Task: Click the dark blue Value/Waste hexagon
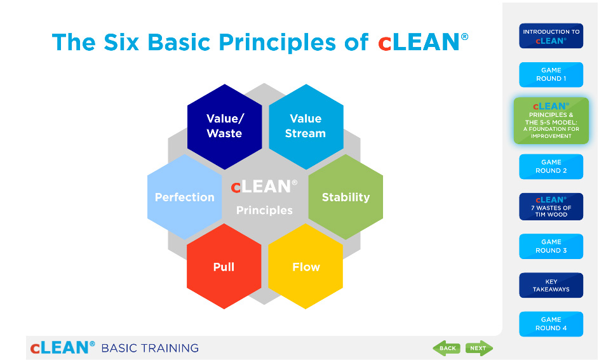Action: (x=225, y=126)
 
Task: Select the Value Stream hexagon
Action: (x=306, y=126)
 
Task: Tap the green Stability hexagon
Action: (x=346, y=197)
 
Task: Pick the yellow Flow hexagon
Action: (x=306, y=267)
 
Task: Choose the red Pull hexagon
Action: (x=224, y=267)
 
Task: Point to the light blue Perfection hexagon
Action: (x=184, y=197)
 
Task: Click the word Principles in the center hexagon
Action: (x=264, y=210)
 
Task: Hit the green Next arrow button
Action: (x=479, y=348)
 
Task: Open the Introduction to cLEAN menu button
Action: (x=551, y=36)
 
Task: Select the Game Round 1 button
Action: (x=551, y=74)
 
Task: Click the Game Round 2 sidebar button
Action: (x=551, y=166)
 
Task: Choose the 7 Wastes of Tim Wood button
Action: (x=551, y=206)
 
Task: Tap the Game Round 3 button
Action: (x=551, y=246)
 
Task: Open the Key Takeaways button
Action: (x=551, y=285)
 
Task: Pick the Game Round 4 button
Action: (x=551, y=324)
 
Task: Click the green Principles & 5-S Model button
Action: (x=551, y=121)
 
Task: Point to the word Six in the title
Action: (x=121, y=42)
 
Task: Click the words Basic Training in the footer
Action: (x=150, y=348)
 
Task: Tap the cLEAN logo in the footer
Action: (x=62, y=347)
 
